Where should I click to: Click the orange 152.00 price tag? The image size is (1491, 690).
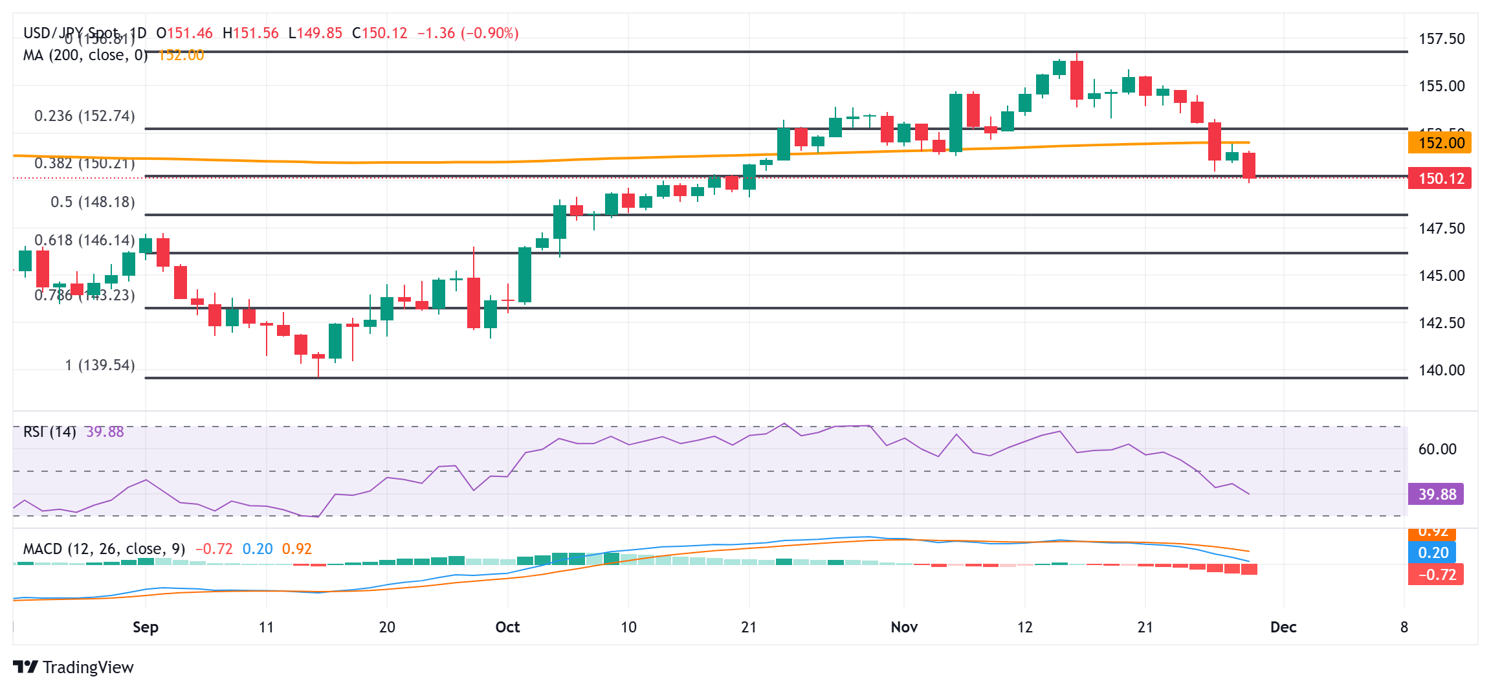(1439, 142)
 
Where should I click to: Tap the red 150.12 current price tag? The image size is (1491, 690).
(1439, 178)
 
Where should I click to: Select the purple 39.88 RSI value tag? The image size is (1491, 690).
(1436, 495)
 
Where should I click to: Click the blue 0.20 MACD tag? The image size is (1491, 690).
(1432, 552)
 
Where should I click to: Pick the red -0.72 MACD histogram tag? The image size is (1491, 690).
(1435, 574)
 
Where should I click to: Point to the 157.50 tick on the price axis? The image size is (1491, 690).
(1441, 39)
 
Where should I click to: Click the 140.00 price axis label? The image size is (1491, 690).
(1441, 370)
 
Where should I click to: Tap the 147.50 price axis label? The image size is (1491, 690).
(1441, 228)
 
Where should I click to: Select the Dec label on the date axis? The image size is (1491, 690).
(1283, 627)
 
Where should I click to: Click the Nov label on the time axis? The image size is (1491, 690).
(903, 627)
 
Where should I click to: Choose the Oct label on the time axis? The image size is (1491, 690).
(507, 627)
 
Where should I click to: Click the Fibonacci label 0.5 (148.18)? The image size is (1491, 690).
(93, 202)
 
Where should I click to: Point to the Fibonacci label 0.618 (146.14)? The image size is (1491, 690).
(84, 240)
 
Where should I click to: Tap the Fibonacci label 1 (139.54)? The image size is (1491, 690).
(100, 365)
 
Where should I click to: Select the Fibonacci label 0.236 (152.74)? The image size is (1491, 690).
(84, 116)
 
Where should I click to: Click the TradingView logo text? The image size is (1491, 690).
(87, 667)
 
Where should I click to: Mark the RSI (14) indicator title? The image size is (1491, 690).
(49, 432)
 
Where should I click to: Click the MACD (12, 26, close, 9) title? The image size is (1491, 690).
(104, 549)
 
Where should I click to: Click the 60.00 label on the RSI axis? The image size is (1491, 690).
(1437, 449)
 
